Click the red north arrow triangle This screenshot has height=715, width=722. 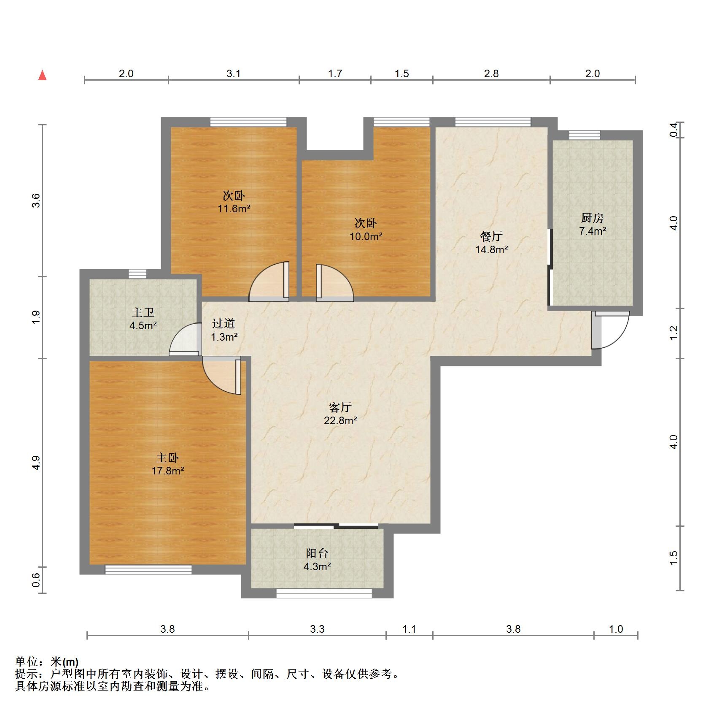(x=42, y=75)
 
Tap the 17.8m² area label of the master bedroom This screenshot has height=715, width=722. (x=168, y=471)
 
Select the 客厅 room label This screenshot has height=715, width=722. (x=340, y=407)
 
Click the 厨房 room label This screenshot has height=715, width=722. (x=593, y=218)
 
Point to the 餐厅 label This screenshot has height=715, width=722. (x=491, y=236)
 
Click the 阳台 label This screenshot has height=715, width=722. (x=317, y=553)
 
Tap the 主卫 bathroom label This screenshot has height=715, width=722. (x=143, y=312)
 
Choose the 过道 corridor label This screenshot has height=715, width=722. (x=224, y=324)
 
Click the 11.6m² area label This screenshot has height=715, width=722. (x=234, y=209)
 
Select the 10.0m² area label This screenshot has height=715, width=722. (x=366, y=236)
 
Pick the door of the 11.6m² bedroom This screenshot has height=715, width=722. (x=269, y=281)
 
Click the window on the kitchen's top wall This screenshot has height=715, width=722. (x=584, y=135)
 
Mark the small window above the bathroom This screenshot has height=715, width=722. (x=137, y=274)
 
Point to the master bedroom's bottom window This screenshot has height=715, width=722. (x=148, y=570)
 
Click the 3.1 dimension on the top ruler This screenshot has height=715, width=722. (x=234, y=73)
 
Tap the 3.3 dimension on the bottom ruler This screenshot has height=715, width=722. (x=317, y=629)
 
